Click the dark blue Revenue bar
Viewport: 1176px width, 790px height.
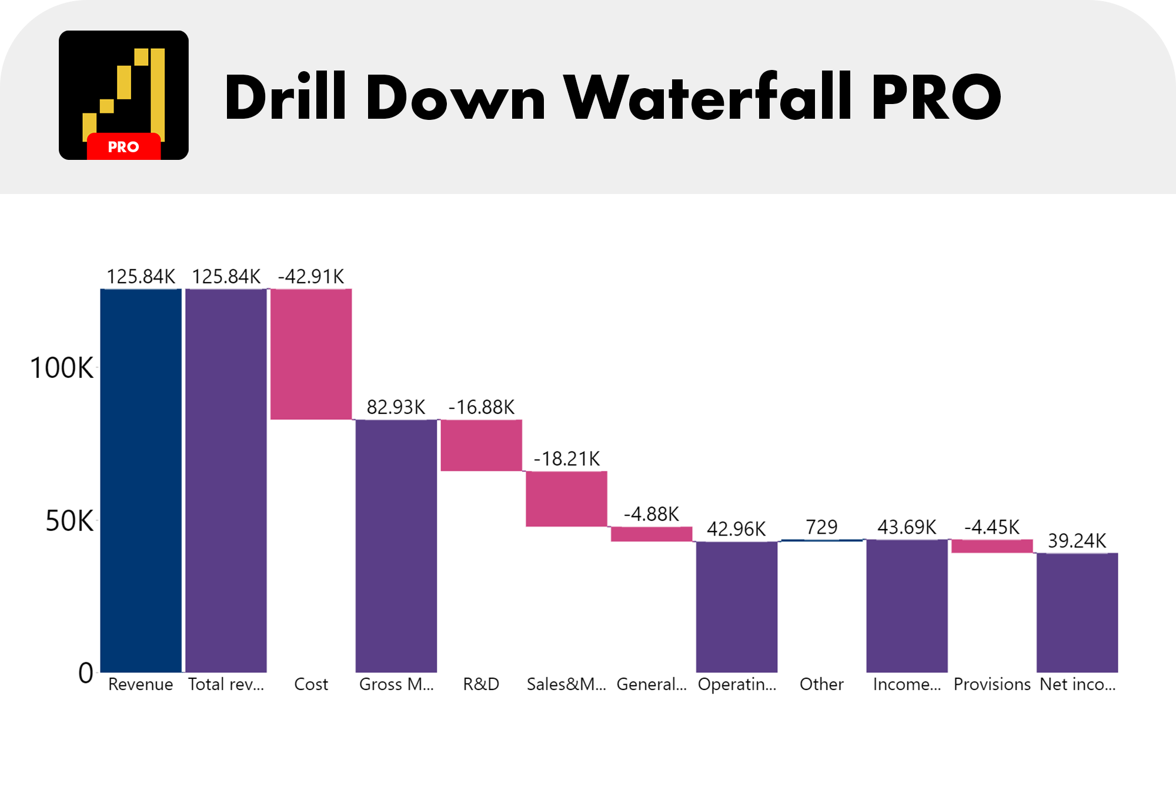point(141,480)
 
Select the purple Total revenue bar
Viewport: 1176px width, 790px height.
point(226,480)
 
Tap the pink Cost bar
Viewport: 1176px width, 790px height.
point(311,354)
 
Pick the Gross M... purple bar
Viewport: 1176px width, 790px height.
point(396,545)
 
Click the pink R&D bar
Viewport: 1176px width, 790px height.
point(481,445)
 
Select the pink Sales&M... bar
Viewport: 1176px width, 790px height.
point(566,498)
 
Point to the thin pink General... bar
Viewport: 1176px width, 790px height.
point(652,534)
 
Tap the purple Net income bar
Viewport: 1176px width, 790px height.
point(1077,612)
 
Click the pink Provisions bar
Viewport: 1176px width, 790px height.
point(992,546)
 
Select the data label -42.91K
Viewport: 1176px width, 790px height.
point(311,276)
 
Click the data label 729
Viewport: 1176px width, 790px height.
point(821,527)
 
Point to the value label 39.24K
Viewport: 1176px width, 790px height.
point(1077,541)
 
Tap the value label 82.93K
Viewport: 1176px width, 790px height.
point(396,407)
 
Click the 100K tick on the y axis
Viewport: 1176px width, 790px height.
point(62,368)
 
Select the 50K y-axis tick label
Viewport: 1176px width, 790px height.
point(69,521)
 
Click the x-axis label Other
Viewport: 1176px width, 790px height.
point(821,684)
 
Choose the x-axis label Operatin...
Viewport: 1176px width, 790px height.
point(737,684)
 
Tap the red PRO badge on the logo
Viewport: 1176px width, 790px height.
point(123,146)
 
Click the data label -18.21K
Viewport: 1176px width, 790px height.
point(567,458)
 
